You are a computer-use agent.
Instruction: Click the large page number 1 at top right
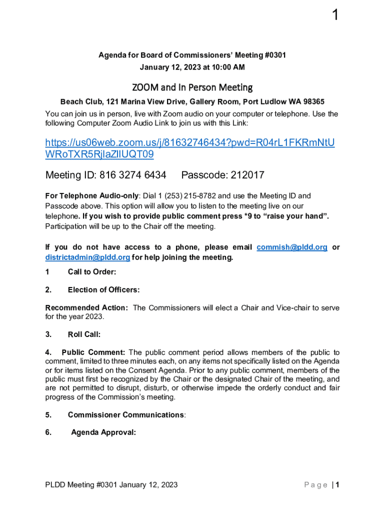pos(335,16)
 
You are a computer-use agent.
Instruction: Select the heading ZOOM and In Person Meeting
pos(192,87)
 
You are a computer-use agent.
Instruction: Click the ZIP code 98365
pos(312,101)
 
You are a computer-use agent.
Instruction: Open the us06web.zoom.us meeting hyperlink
pos(190,149)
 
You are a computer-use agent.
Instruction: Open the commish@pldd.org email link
pos(292,247)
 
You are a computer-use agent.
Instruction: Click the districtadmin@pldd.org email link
pos(88,257)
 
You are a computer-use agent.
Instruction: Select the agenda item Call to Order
pos(92,272)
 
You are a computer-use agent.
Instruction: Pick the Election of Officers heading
pos(103,290)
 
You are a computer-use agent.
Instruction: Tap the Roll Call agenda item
pos(84,334)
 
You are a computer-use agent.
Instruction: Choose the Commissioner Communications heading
pos(126,415)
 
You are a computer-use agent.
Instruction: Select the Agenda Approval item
pos(103,433)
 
